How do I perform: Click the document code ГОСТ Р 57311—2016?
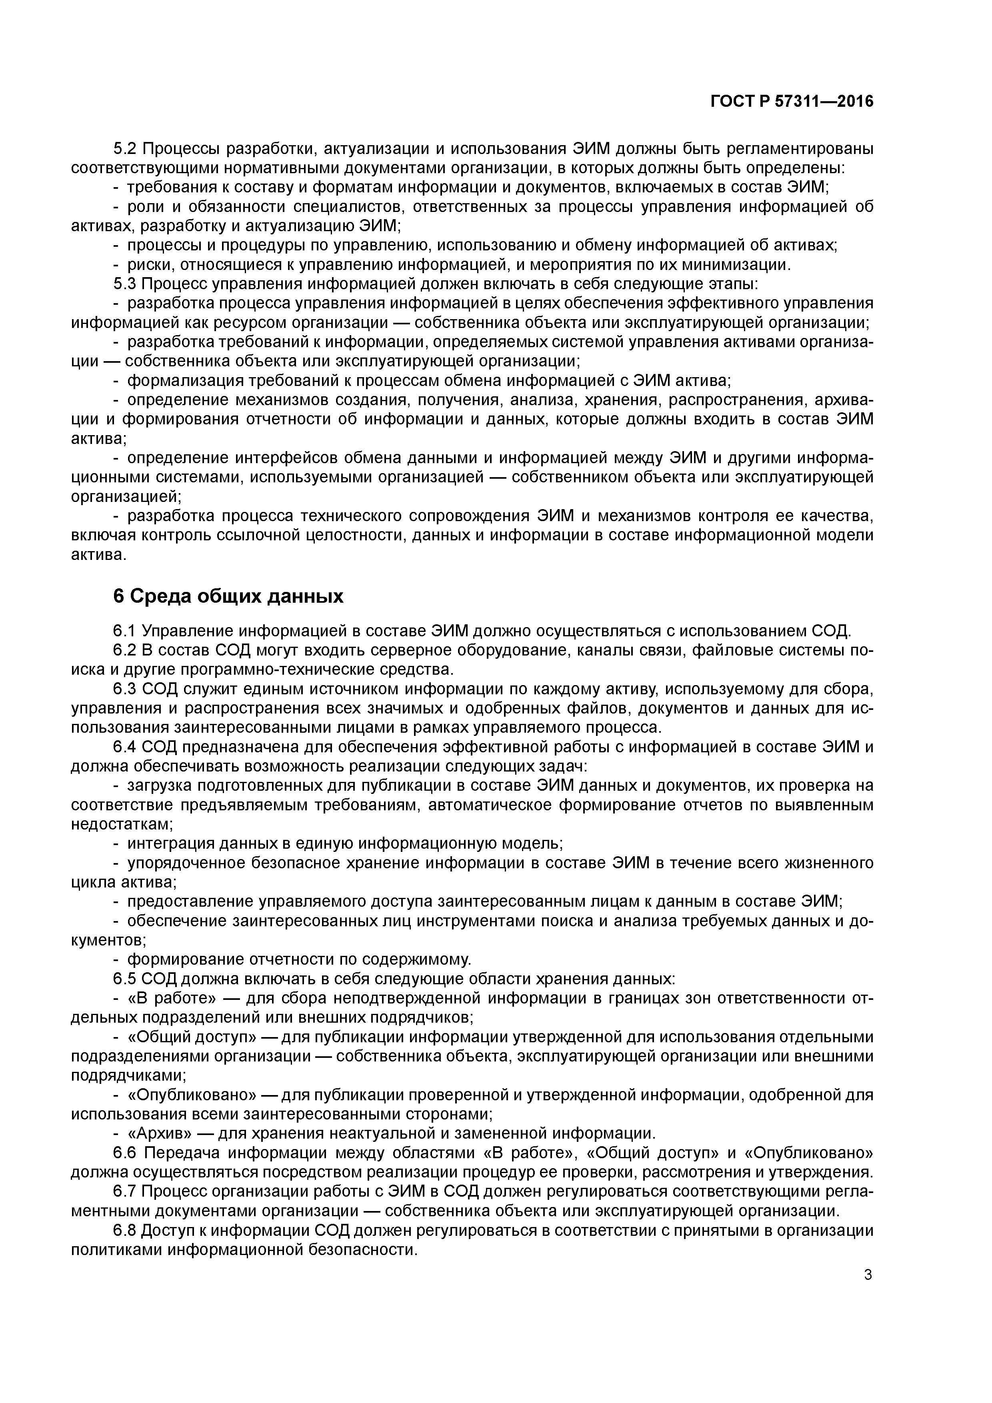[792, 102]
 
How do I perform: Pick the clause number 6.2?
[126, 650]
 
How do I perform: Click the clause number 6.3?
[126, 689]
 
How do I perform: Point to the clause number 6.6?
[126, 1153]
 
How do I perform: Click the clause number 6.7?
[126, 1191]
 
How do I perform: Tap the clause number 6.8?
[126, 1230]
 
